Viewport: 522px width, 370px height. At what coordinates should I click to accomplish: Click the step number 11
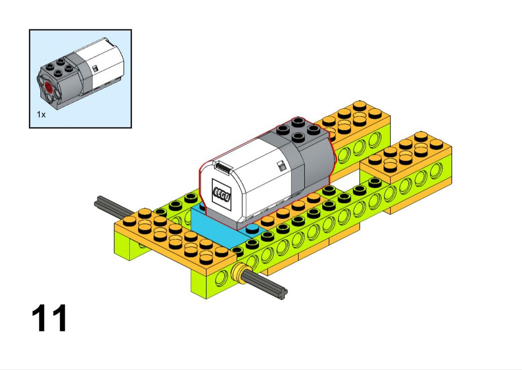click(x=49, y=318)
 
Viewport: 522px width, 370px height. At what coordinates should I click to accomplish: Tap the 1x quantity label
click(x=41, y=115)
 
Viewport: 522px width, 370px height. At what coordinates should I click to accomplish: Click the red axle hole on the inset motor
click(x=49, y=87)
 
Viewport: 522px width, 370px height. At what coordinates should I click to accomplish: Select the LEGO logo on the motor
click(x=221, y=195)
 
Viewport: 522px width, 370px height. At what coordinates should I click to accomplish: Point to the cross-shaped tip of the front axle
click(x=283, y=293)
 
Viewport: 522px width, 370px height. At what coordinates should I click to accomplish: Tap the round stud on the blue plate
click(x=252, y=228)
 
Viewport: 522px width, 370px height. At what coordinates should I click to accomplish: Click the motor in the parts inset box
click(x=81, y=74)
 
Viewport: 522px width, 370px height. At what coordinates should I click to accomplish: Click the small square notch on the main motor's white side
click(x=282, y=166)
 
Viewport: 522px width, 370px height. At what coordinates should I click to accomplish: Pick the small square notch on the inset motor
click(x=95, y=68)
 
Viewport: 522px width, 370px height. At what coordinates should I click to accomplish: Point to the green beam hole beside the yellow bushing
click(x=221, y=279)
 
